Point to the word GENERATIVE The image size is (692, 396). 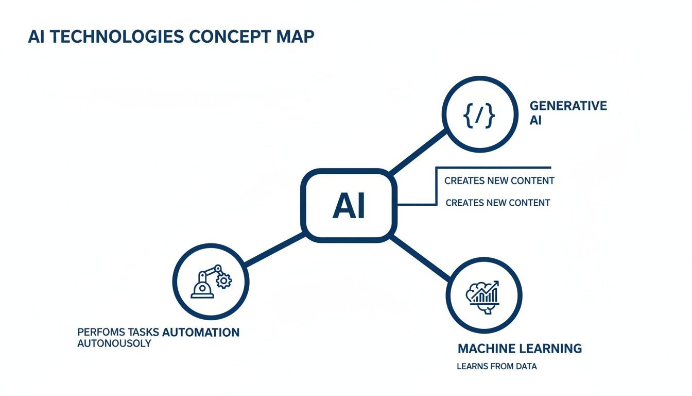pos(568,106)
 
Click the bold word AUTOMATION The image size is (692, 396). pos(201,332)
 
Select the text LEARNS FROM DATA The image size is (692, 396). pos(496,367)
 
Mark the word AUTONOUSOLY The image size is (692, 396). pos(114,343)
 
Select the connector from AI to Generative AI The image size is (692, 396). pos(417,151)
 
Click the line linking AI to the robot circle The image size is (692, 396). pos(273,251)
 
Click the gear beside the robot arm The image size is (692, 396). pos(223,280)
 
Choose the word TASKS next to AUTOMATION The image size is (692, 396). pos(145,332)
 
